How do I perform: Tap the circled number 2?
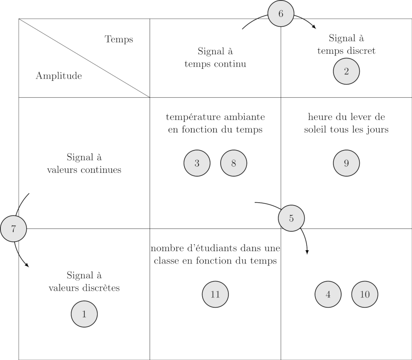[x=346, y=71]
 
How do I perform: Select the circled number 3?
[x=197, y=163]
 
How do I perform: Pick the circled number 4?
[x=328, y=294]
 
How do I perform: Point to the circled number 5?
[x=291, y=218]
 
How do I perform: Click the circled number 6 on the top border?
[x=281, y=14]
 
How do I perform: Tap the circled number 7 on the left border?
[x=13, y=229]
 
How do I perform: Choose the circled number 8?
[x=234, y=163]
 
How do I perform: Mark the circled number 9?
[x=346, y=163]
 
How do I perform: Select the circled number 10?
[x=365, y=294]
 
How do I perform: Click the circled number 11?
[x=215, y=294]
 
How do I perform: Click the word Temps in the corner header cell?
[x=119, y=39]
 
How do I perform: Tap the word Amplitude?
[x=59, y=76]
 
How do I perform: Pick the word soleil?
[x=317, y=130]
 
